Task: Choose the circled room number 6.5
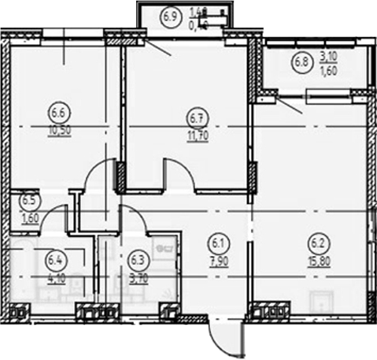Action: point(27,201)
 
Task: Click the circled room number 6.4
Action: point(55,258)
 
